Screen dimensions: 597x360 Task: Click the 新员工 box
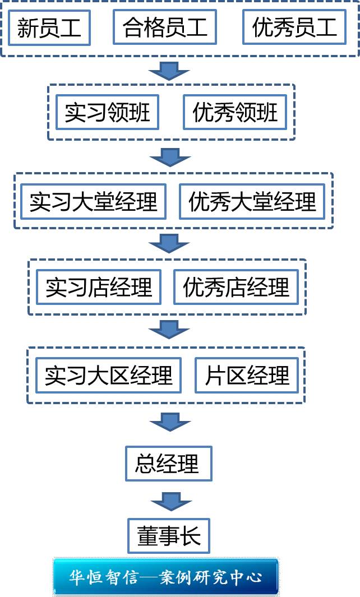coord(49,27)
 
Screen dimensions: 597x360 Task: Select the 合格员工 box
coord(165,27)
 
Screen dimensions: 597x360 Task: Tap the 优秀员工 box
coord(294,27)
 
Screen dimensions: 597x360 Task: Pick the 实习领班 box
coord(107,112)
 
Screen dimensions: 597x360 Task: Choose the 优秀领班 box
coord(235,112)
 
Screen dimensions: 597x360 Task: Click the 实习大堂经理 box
coord(94,201)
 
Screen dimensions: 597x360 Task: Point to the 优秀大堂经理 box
coord(252,201)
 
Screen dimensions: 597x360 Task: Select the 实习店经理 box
coord(99,287)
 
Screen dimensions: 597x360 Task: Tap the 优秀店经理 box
coord(236,287)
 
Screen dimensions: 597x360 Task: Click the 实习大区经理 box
coord(109,375)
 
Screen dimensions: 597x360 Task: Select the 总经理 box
coord(168,464)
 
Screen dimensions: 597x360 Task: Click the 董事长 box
coord(169,536)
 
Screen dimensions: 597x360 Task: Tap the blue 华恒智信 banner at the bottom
coord(166,576)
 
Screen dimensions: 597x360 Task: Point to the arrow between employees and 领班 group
coord(169,71)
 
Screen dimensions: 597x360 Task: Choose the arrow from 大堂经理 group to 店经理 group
coord(169,243)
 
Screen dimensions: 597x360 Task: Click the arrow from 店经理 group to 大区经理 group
coord(169,329)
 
